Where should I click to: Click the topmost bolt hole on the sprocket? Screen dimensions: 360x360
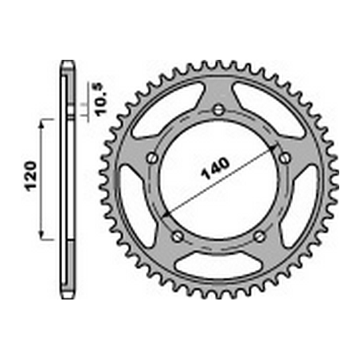[x=218, y=111]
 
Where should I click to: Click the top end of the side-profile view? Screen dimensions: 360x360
[x=67, y=64]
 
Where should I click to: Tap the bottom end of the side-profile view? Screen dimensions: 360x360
[x=67, y=294]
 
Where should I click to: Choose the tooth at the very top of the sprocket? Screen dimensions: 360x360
[x=218, y=61]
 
